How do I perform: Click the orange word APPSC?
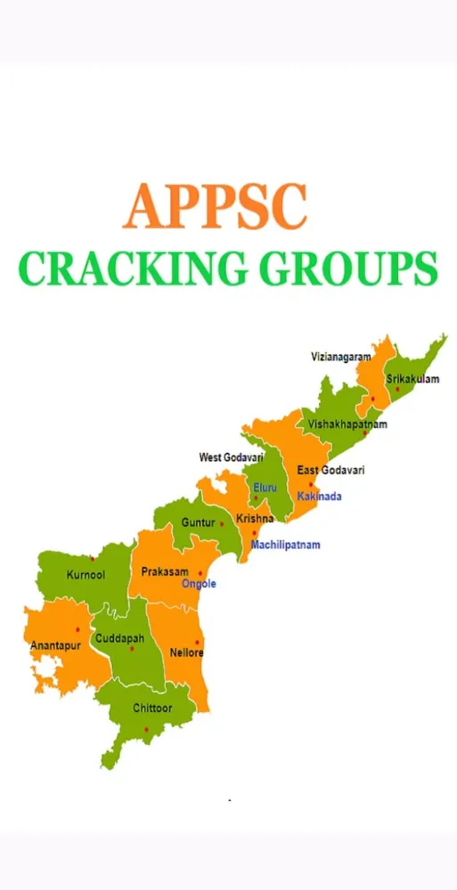click(x=216, y=207)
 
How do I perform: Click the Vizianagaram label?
click(x=340, y=357)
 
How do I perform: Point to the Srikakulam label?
click(x=412, y=379)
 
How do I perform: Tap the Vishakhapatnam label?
click(x=348, y=425)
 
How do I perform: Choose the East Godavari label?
click(x=331, y=470)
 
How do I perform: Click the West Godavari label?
click(x=231, y=457)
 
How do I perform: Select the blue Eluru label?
click(x=265, y=488)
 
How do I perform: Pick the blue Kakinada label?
click(x=319, y=496)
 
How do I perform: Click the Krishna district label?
click(x=255, y=518)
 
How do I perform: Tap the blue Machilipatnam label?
click(x=285, y=545)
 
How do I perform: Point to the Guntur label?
click(x=198, y=522)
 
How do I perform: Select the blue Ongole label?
click(x=199, y=584)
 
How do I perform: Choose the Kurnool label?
click(x=86, y=575)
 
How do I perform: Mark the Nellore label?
click(x=187, y=652)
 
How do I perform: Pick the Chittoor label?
click(x=152, y=708)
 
